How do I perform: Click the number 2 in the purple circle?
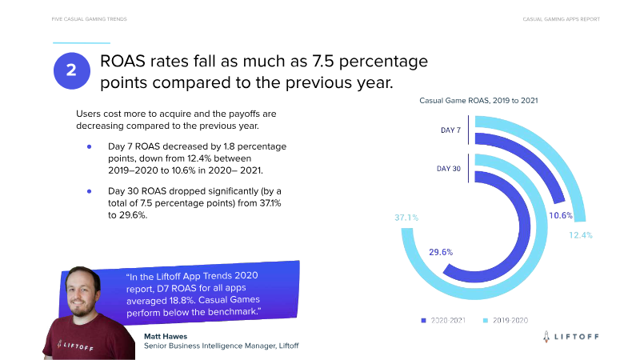(71, 70)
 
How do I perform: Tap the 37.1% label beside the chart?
(406, 218)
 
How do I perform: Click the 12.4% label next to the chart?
(580, 234)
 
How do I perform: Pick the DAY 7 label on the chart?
(450, 130)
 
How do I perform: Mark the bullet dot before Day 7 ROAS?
(90, 147)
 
